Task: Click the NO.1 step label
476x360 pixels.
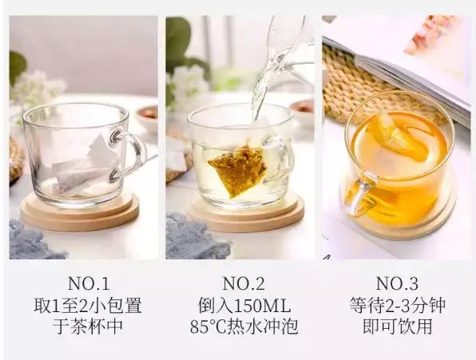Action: point(89,284)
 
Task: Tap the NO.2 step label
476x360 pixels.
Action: point(244,284)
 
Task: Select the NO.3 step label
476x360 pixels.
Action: point(398,284)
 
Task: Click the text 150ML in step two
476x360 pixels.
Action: point(262,306)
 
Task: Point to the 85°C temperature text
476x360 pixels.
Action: point(209,326)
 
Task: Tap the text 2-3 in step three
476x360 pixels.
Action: point(396,306)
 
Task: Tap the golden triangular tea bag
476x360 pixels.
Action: point(237,171)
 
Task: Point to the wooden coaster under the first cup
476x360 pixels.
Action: point(80,212)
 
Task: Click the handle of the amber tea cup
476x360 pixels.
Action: point(362,193)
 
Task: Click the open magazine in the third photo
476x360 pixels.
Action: point(419,61)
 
